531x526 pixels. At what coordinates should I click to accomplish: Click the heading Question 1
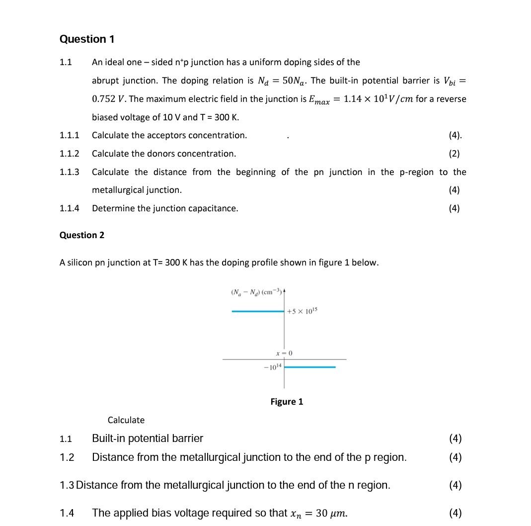tap(86, 39)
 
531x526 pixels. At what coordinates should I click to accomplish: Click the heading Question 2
tap(82, 235)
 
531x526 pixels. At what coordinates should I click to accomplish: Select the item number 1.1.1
tap(70, 135)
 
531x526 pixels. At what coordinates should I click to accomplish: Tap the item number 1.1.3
tap(70, 172)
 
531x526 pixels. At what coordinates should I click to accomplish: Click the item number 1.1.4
tap(70, 208)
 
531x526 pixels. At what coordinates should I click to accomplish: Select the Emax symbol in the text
tap(319, 99)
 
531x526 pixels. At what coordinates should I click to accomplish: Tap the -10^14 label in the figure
tap(273, 366)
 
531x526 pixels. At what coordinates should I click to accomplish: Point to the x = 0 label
tap(284, 353)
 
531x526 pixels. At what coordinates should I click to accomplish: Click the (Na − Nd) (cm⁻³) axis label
tap(256, 292)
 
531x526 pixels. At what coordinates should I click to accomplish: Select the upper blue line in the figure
tap(257, 311)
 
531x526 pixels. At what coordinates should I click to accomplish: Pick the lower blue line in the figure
tap(310, 367)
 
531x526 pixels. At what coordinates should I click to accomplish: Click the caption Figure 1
tap(287, 402)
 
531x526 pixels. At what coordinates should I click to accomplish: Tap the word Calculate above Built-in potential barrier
tap(126, 420)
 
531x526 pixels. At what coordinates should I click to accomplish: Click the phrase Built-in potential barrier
tap(148, 438)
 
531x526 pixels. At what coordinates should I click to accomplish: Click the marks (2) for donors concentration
tap(454, 154)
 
